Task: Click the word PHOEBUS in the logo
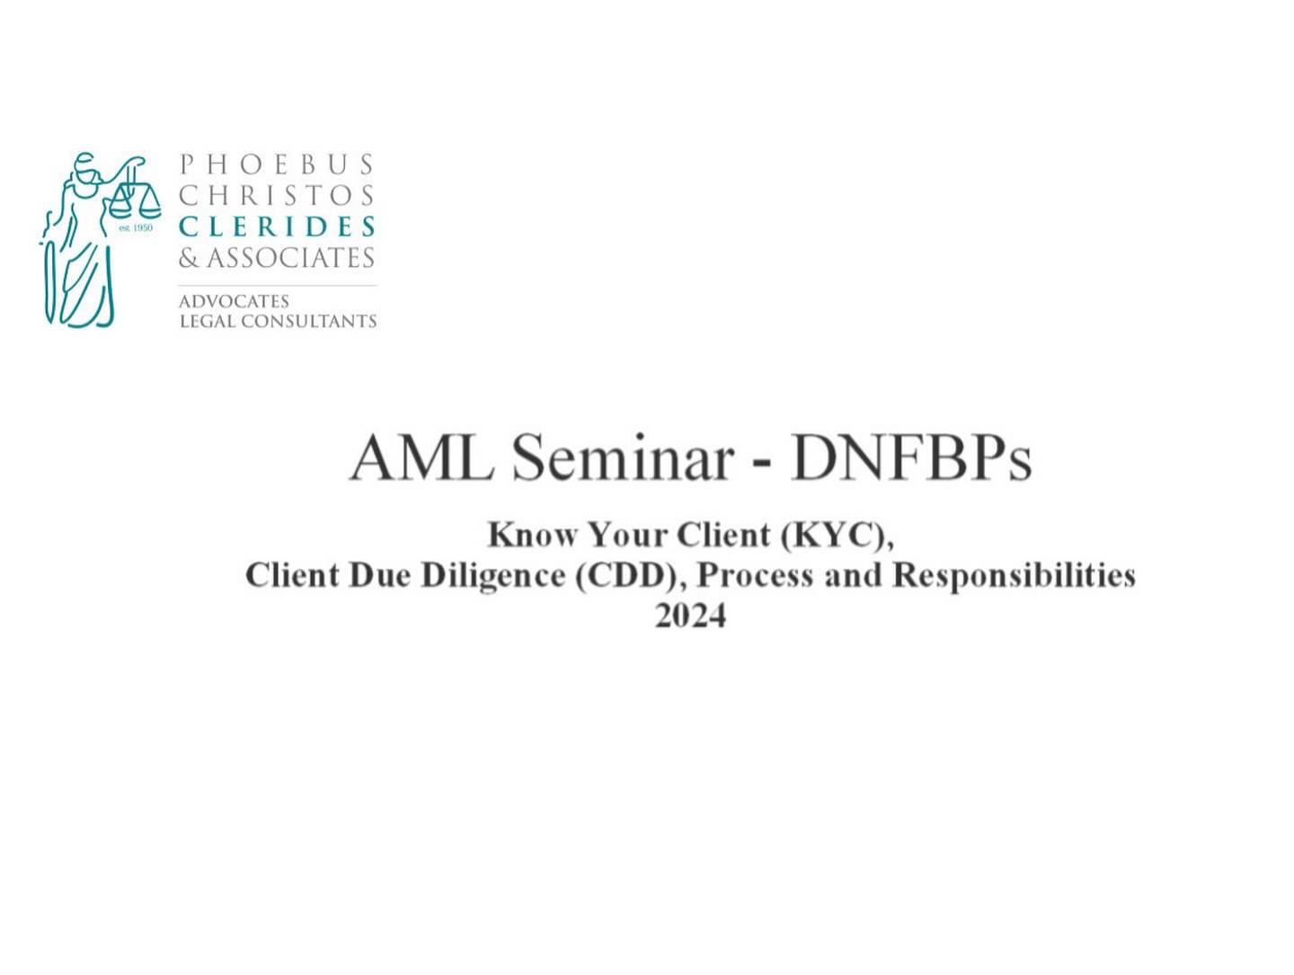pos(277,164)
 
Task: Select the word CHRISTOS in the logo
pos(277,195)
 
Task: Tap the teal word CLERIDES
pos(277,226)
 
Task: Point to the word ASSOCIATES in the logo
pos(290,258)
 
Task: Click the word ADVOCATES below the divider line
pos(234,301)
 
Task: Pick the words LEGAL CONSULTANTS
pos(278,322)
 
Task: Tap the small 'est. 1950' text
pos(136,227)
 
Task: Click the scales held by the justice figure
pos(135,198)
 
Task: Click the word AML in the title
pos(421,458)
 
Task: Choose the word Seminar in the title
pos(623,458)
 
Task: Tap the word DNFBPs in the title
pos(911,458)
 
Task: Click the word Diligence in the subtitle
pos(493,576)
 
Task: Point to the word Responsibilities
pos(1014,576)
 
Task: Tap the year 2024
pos(690,616)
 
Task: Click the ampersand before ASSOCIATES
pos(190,258)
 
